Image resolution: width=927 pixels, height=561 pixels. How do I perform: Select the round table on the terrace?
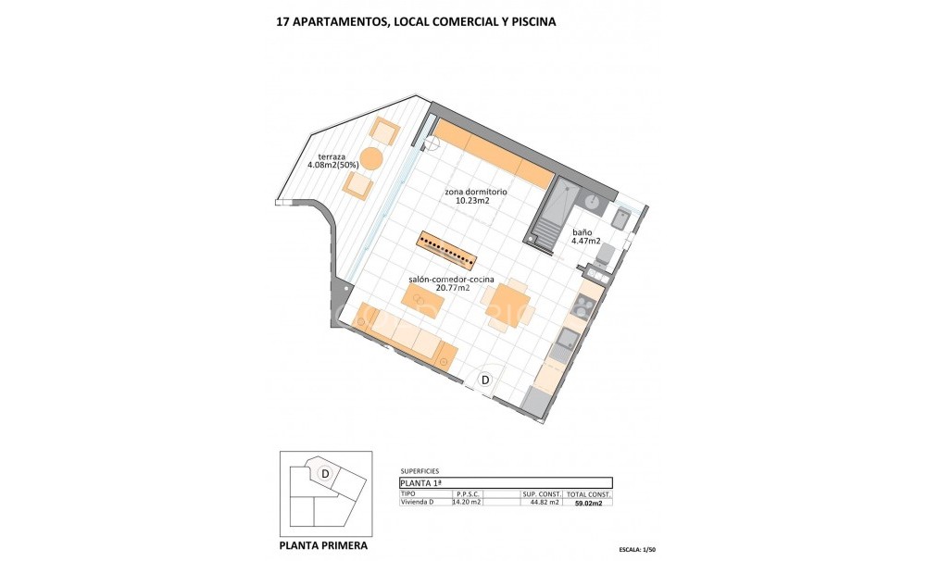[370, 158]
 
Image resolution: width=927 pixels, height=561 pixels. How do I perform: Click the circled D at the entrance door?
[484, 379]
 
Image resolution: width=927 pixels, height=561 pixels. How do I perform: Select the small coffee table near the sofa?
[422, 298]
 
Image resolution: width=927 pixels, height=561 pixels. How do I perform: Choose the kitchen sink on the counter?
[563, 349]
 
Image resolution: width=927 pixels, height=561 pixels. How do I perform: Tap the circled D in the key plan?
[325, 473]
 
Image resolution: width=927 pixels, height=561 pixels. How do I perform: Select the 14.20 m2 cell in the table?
[467, 503]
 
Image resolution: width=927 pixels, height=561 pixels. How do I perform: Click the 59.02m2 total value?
[589, 503]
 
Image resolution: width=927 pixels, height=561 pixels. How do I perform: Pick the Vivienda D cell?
[417, 503]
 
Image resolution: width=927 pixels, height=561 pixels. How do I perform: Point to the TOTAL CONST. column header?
[588, 494]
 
